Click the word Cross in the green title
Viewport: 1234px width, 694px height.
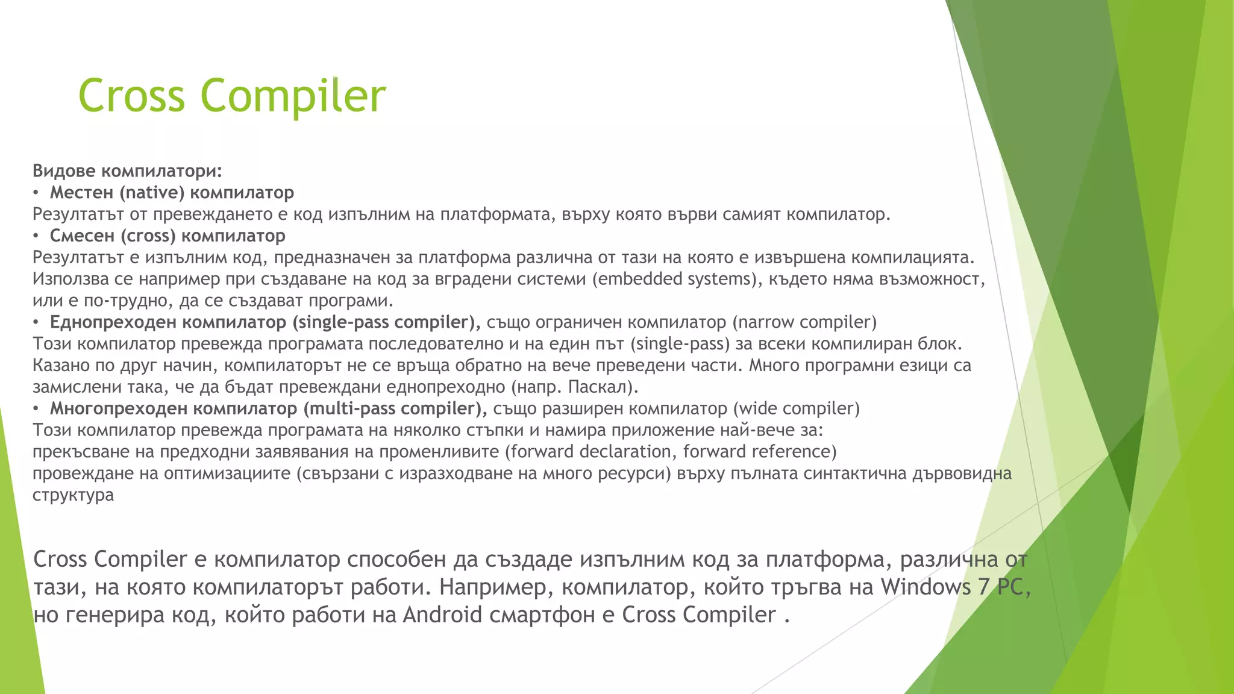tap(131, 95)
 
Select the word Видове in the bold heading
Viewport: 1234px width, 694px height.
tap(64, 170)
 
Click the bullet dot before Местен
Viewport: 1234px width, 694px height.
tap(36, 193)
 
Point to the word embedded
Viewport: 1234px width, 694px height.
tap(640, 279)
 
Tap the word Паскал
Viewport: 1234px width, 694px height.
tap(600, 387)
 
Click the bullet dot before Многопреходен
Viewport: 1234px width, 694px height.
tap(36, 409)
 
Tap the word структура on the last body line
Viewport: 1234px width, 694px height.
tap(73, 495)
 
